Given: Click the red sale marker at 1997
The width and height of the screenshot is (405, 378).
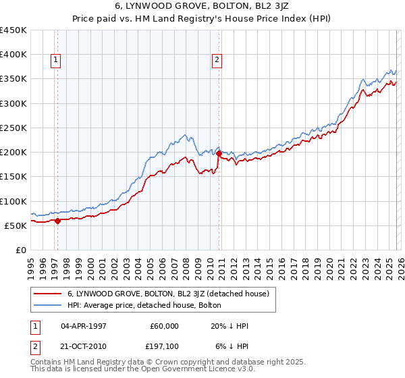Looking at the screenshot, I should pyautogui.click(x=57, y=221).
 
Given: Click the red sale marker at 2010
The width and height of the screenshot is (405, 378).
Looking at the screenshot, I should pyautogui.click(x=219, y=154).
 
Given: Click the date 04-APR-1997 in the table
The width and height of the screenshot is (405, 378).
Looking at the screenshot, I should pyautogui.click(x=83, y=325).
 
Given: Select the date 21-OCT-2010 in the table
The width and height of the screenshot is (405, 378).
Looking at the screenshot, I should pyautogui.click(x=83, y=347).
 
